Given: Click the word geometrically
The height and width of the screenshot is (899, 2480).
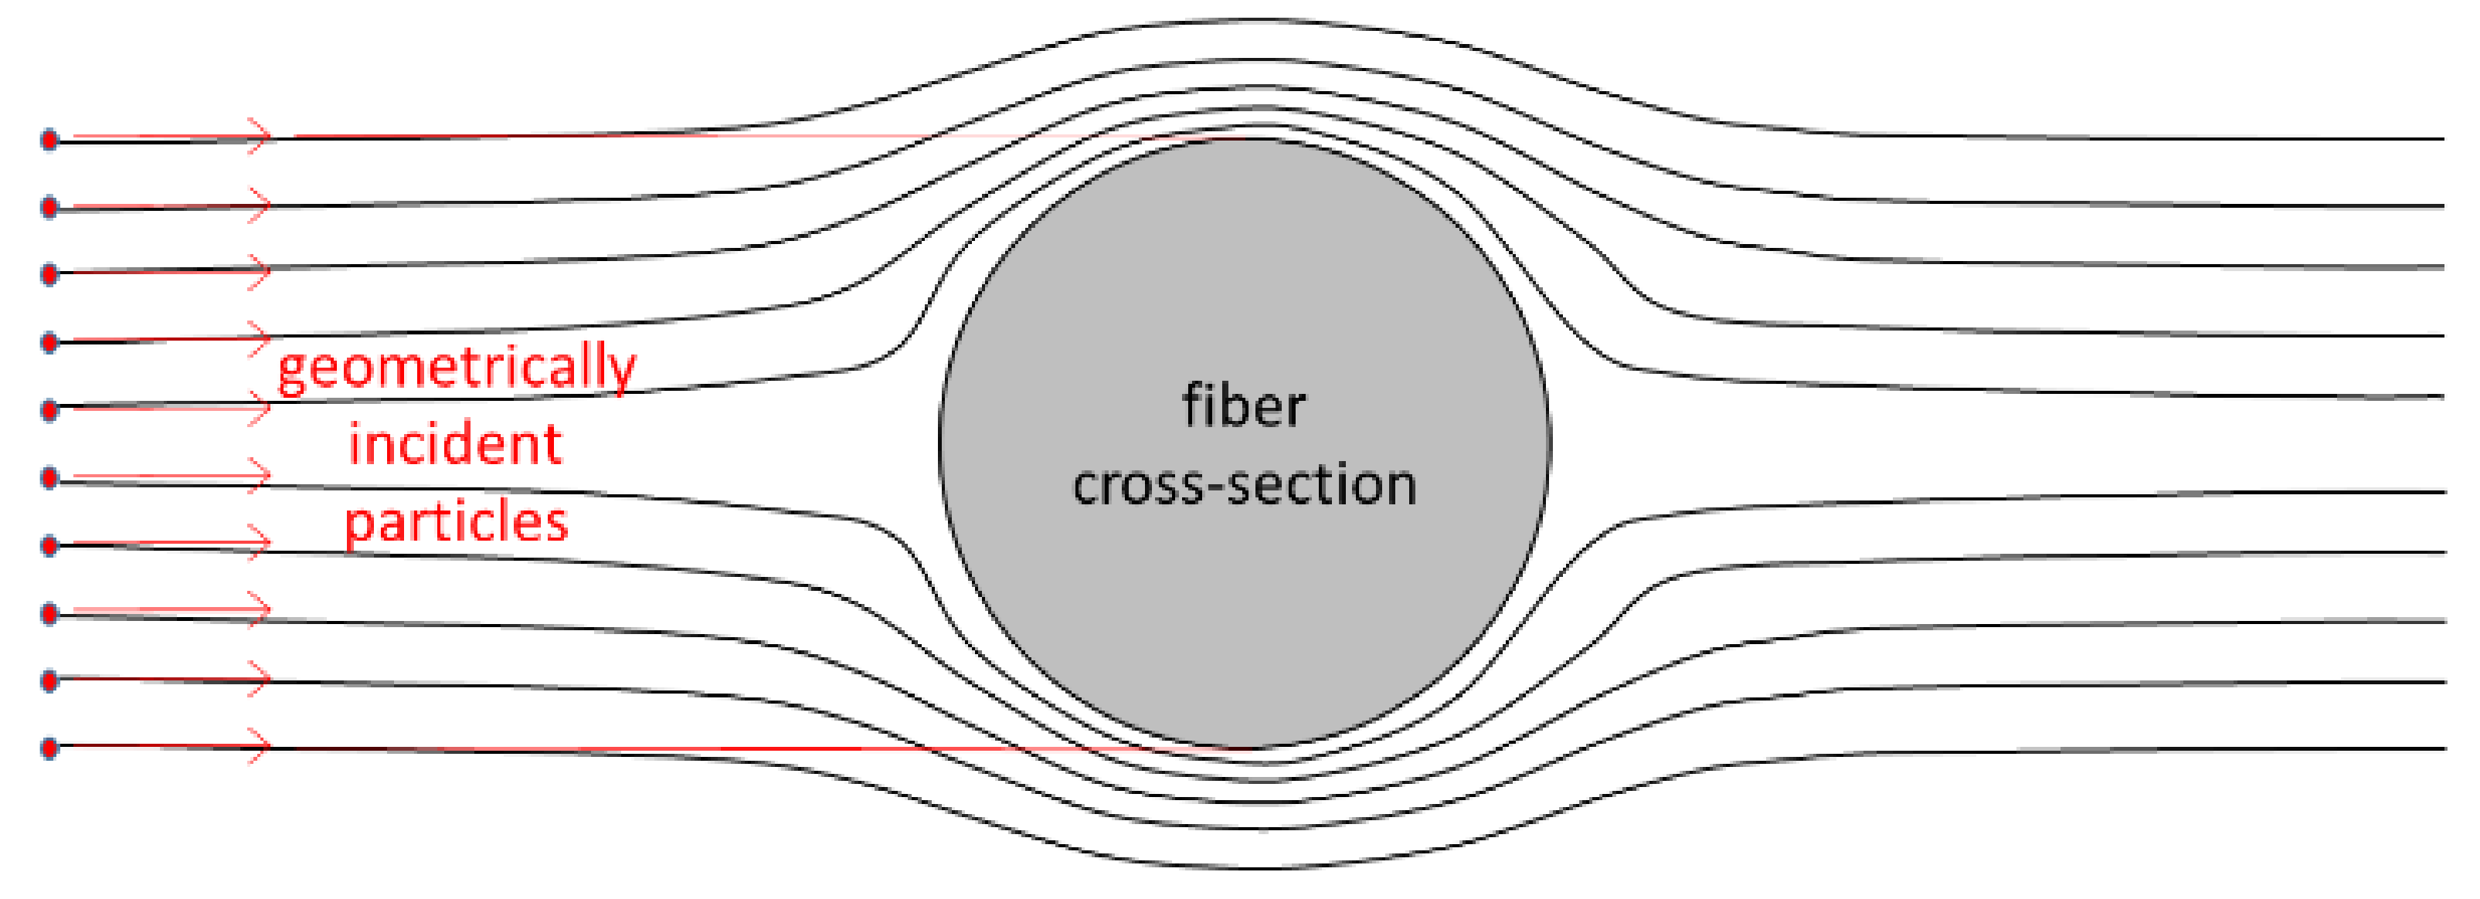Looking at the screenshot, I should pyautogui.click(x=457, y=368).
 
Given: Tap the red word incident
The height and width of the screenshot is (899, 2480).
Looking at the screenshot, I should pyautogui.click(x=454, y=445).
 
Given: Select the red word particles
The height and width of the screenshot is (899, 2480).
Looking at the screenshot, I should pyautogui.click(x=457, y=523).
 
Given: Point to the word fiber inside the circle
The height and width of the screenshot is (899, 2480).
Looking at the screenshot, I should pyautogui.click(x=1244, y=406).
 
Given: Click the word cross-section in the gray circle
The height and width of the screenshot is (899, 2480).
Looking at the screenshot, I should pyautogui.click(x=1244, y=485).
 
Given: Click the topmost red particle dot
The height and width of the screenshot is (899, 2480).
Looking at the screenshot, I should pyautogui.click(x=50, y=141).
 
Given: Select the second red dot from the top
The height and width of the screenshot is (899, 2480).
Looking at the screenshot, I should pyautogui.click(x=50, y=207).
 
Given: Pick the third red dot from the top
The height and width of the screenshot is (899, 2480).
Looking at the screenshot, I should pyautogui.click(x=50, y=274).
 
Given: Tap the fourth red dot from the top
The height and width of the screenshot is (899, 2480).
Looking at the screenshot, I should pyautogui.click(x=50, y=341).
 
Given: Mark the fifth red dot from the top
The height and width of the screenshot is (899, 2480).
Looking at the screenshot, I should pyautogui.click(x=50, y=410).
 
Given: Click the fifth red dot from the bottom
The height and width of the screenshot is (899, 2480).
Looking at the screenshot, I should pyautogui.click(x=50, y=477).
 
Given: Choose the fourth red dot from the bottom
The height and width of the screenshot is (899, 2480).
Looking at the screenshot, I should pyautogui.click(x=50, y=546).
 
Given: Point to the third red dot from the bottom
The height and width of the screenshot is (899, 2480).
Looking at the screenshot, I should pyautogui.click(x=50, y=613).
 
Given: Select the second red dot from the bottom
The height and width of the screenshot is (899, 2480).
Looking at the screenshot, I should pyautogui.click(x=50, y=680).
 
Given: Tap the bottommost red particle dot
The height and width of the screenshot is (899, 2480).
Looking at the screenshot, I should pyautogui.click(x=50, y=748).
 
